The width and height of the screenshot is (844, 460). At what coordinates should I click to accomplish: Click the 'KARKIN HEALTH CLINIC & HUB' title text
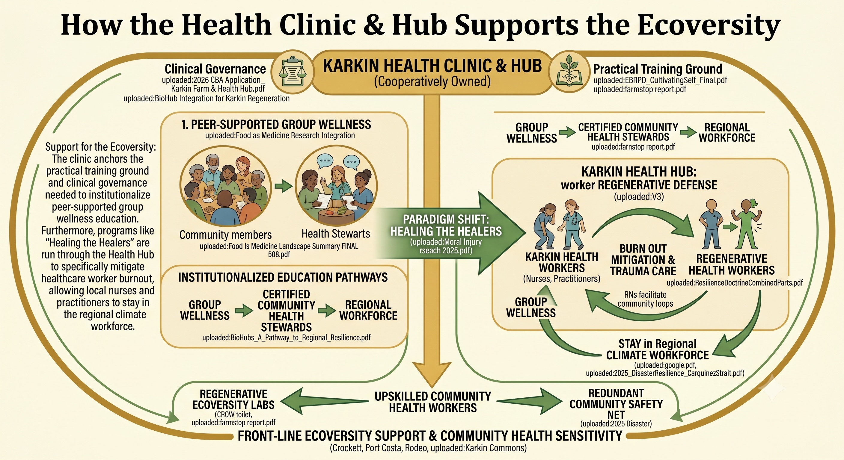point(432,66)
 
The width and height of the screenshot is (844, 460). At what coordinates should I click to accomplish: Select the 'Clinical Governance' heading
point(215,69)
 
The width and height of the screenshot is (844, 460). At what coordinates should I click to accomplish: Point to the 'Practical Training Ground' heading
point(658,69)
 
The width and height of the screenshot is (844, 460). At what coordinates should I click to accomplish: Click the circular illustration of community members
point(226,186)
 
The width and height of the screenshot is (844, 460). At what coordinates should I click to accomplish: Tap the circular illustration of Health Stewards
point(336,186)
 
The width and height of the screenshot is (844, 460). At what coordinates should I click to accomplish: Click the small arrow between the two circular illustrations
point(284,186)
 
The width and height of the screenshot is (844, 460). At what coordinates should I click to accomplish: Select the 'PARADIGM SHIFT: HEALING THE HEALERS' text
point(446,225)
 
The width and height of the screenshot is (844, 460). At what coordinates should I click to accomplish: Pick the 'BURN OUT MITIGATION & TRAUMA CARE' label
point(643,260)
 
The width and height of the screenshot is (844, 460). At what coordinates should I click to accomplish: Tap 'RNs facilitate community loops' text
point(645,299)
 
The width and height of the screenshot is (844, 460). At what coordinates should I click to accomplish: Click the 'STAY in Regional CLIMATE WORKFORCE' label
point(657,349)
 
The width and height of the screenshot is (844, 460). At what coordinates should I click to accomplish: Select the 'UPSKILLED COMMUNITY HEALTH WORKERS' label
point(433,402)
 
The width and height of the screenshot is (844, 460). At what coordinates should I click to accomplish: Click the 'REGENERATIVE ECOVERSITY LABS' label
point(233,400)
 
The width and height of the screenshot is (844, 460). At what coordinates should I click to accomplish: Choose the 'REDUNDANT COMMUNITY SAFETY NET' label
point(616,404)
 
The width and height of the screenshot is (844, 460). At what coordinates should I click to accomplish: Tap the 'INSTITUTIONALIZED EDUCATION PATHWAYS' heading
point(283,277)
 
